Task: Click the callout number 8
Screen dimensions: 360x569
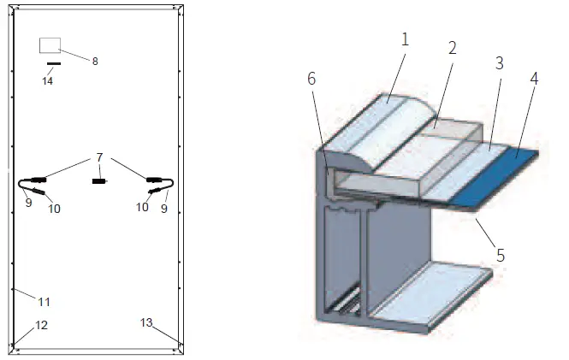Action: (x=95, y=61)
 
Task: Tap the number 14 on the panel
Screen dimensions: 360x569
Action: (x=48, y=80)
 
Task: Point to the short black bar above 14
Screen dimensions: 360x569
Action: (x=53, y=64)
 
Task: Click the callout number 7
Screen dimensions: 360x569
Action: (x=99, y=158)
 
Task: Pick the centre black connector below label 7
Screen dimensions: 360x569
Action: (x=98, y=181)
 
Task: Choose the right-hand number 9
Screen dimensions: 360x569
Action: (x=165, y=208)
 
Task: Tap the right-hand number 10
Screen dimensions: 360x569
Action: (x=143, y=208)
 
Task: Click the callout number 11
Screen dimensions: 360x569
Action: (x=44, y=302)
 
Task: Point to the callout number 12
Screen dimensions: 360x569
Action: (x=41, y=325)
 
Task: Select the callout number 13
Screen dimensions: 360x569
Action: (x=145, y=322)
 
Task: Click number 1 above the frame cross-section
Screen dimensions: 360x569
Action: (x=405, y=39)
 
